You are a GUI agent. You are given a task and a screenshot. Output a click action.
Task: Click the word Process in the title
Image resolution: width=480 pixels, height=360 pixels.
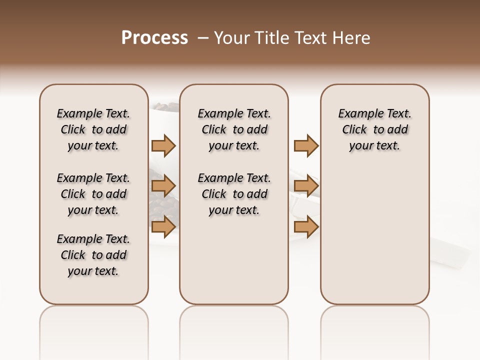(154, 38)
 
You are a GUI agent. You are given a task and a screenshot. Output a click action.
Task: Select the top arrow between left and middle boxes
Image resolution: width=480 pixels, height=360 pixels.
(163, 145)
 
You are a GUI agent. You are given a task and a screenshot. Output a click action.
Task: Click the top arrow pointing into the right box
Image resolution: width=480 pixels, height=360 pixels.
(306, 145)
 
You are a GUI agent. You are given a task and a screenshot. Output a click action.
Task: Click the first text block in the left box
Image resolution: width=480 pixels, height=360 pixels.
(93, 129)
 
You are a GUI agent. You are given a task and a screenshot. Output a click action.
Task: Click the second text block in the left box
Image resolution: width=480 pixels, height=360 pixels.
(93, 194)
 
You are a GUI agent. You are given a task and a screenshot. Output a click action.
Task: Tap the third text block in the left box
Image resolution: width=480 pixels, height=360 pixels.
(93, 255)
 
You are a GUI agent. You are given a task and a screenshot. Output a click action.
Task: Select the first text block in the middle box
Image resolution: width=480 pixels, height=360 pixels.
(234, 129)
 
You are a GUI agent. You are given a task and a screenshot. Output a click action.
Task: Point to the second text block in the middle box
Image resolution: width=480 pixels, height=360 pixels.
(234, 194)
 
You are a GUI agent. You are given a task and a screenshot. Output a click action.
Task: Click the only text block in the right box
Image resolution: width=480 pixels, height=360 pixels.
(375, 129)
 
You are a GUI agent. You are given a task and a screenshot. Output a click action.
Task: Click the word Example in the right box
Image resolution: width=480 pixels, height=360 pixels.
(357, 114)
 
